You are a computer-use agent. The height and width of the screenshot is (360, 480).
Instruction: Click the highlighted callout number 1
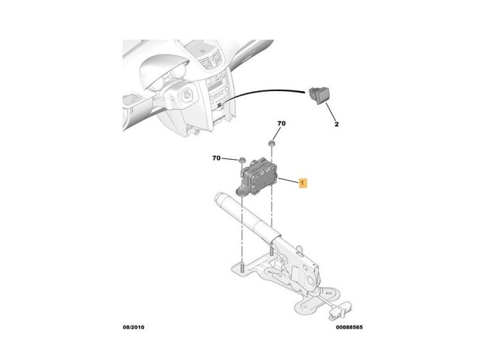(x=303, y=183)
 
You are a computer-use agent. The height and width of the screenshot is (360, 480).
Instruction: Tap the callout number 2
(x=337, y=124)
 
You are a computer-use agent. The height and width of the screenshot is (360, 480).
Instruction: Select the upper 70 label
(x=281, y=123)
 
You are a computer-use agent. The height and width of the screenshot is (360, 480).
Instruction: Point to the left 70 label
(x=216, y=158)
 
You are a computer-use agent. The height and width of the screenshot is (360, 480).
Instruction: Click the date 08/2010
(x=134, y=327)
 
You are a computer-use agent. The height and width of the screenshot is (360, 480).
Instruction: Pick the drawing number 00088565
(x=349, y=327)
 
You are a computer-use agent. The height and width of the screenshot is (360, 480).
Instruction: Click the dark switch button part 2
(x=319, y=95)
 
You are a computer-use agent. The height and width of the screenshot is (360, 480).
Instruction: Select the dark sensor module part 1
(x=257, y=177)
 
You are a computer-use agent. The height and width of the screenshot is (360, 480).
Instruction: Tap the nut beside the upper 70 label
(x=271, y=144)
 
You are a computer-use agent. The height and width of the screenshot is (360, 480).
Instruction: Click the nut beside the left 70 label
(x=242, y=160)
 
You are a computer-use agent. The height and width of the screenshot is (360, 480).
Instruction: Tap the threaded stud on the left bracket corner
(x=242, y=268)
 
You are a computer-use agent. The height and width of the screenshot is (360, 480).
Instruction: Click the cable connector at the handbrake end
(x=339, y=311)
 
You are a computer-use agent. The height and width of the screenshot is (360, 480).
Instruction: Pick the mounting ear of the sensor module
(x=242, y=192)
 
